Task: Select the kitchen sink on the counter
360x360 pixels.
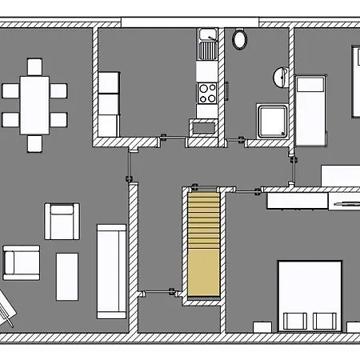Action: pos(208,46)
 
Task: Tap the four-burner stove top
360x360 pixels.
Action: pos(207,92)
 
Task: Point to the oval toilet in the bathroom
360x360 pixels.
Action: pos(239,38)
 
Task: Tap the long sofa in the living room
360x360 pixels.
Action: pos(110,271)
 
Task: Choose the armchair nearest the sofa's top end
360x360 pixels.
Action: pos(62,222)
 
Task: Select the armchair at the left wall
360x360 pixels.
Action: pos(22,262)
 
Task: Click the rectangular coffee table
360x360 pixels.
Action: pos(67,276)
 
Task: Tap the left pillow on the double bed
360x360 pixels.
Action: pos(294,321)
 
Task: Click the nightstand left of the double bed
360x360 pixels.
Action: pos(260,326)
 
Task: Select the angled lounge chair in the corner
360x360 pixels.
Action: pos(7,307)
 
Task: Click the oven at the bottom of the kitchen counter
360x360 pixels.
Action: pos(201,127)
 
